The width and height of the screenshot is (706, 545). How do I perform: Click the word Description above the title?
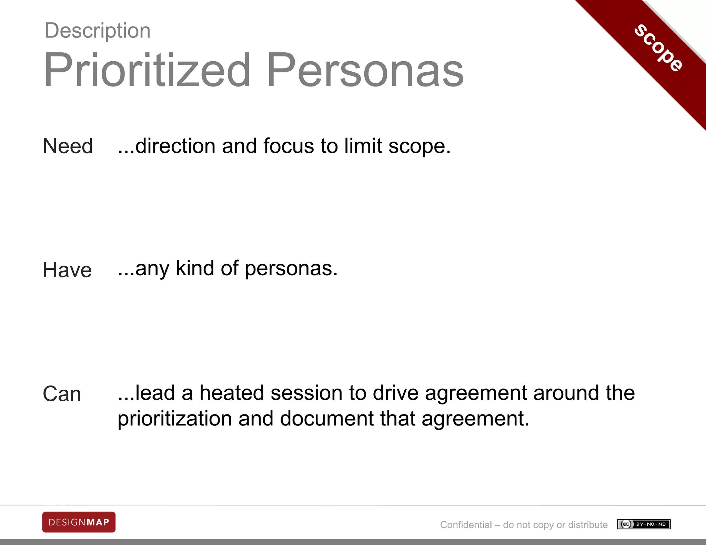click(98, 31)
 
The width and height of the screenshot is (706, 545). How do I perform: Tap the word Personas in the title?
click(365, 70)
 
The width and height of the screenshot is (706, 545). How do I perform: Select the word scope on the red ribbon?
click(659, 48)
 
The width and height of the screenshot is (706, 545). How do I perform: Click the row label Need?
click(68, 146)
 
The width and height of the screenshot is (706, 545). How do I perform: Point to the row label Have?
click(68, 270)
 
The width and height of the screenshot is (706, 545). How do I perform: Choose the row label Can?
click(62, 394)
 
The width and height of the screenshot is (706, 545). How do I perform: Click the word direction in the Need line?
click(175, 146)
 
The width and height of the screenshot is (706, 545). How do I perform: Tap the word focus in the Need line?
click(289, 146)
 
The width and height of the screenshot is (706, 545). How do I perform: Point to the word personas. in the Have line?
click(291, 269)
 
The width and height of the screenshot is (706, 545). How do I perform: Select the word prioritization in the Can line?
click(175, 419)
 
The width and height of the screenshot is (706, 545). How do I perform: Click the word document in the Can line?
click(327, 419)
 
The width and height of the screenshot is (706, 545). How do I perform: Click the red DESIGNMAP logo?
click(79, 522)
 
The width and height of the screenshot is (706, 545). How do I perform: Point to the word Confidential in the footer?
click(466, 525)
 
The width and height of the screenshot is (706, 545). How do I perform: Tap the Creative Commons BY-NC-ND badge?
click(644, 524)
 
